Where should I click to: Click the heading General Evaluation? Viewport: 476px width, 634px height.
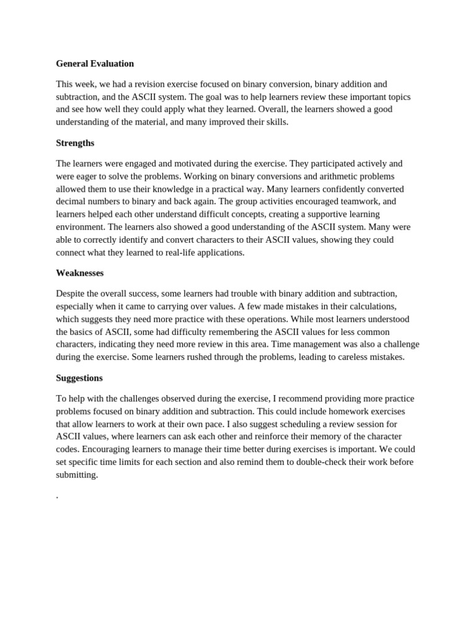[95, 63]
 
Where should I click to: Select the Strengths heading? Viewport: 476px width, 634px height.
[75, 143]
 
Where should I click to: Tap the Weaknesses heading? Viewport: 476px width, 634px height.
[79, 273]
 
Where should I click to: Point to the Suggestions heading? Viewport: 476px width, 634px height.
[79, 378]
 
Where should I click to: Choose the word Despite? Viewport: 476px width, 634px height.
[71, 293]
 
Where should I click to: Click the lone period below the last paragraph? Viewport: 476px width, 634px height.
[57, 497]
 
